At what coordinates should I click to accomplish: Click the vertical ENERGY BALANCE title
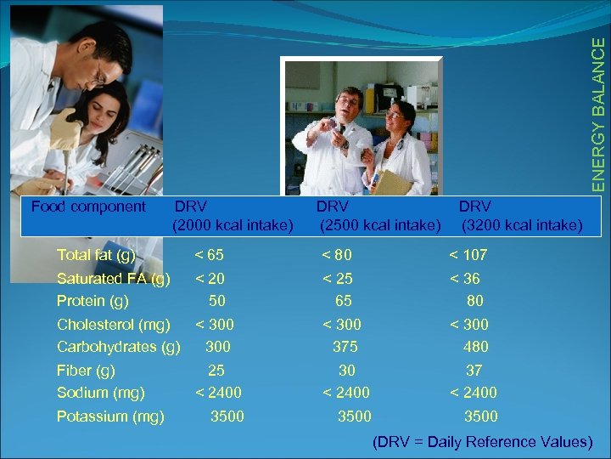pyautogui.click(x=599, y=106)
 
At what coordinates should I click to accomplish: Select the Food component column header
pyautogui.click(x=88, y=206)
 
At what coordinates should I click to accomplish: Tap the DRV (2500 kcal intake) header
pyautogui.click(x=380, y=216)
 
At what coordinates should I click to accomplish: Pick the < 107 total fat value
pyautogui.click(x=468, y=254)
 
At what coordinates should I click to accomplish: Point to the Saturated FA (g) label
pyautogui.click(x=113, y=278)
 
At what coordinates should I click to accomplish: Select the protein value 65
pyautogui.click(x=344, y=300)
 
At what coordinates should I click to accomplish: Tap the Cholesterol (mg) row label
pyautogui.click(x=114, y=324)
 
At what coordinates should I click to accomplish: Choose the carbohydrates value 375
pyautogui.click(x=345, y=346)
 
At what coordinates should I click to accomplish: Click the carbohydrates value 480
pyautogui.click(x=476, y=346)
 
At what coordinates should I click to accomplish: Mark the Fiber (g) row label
pyautogui.click(x=86, y=370)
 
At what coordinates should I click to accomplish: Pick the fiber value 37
pyautogui.click(x=474, y=370)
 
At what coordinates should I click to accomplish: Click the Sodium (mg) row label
pyautogui.click(x=100, y=392)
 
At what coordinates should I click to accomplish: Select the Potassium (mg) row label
pyautogui.click(x=110, y=416)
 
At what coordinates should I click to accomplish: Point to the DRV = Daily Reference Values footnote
pyautogui.click(x=482, y=441)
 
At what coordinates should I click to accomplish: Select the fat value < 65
pyautogui.click(x=210, y=254)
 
